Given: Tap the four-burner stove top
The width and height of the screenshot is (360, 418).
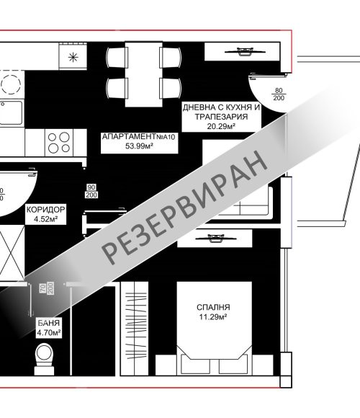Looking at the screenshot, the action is tap(59, 143).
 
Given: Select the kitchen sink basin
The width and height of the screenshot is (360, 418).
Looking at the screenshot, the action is tap(11, 112).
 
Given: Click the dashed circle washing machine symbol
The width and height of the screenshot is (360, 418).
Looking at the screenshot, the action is tap(11, 84).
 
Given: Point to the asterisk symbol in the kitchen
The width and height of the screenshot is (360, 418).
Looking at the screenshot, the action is tap(73, 58).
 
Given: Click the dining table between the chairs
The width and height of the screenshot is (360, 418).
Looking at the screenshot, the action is tap(144, 74).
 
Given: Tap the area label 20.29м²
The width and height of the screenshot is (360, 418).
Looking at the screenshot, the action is tap(221, 126).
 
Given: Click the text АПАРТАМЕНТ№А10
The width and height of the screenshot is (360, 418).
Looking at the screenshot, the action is tap(139, 137).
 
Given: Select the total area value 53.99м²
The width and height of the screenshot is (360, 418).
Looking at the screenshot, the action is tap(139, 146).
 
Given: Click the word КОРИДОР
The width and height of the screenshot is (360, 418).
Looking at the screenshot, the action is tap(46, 210).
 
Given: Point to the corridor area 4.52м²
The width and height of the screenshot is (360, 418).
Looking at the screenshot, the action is tap(46, 219).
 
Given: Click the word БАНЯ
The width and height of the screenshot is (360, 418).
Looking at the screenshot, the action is tap(48, 323).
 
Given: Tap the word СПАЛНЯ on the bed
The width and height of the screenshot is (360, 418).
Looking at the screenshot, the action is tap(213, 307).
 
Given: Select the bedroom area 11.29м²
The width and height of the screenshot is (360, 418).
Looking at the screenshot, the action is tap(213, 317).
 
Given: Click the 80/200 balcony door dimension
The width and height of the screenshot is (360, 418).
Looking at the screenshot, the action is tap(279, 94).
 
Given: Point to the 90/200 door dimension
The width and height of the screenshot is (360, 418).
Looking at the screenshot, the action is tap(91, 191).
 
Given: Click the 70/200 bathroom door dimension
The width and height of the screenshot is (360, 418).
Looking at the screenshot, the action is tap(47, 288).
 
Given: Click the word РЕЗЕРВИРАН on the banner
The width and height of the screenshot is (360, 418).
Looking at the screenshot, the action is tap(184, 208).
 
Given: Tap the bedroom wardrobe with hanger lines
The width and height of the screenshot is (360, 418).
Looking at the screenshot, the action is tap(135, 329).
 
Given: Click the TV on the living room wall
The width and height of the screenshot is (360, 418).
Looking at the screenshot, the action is tap(244, 51).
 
